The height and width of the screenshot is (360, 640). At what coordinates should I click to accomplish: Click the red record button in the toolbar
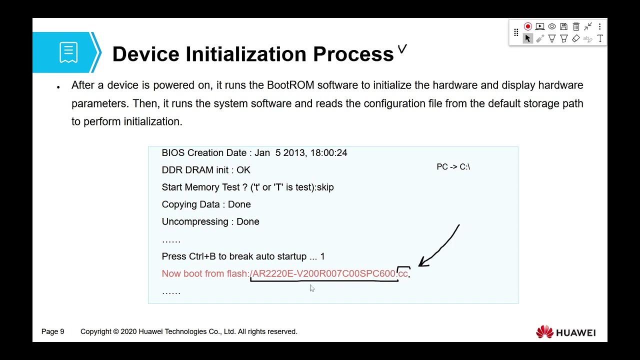pyautogui.click(x=528, y=26)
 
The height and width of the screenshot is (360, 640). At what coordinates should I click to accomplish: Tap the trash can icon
pyautogui.click(x=576, y=26)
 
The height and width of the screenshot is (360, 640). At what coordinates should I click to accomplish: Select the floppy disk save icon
pyautogui.click(x=564, y=26)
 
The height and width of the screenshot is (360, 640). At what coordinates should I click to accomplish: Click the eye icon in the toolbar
pyautogui.click(x=552, y=26)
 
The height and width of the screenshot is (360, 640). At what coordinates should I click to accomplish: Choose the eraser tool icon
pyautogui.click(x=576, y=38)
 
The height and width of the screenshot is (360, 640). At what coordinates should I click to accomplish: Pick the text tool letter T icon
pyautogui.click(x=600, y=38)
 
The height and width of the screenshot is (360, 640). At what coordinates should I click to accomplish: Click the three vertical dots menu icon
pyautogui.click(x=599, y=26)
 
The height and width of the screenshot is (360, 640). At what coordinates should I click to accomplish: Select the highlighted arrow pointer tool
pyautogui.click(x=527, y=38)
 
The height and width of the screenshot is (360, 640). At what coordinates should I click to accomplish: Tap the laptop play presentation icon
pyautogui.click(x=540, y=26)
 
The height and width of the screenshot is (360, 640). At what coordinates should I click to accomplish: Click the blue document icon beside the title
pyautogui.click(x=68, y=52)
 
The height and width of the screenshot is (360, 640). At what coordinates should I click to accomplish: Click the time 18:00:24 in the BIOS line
pyautogui.click(x=328, y=152)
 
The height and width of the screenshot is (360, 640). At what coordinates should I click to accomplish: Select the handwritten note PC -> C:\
pyautogui.click(x=453, y=166)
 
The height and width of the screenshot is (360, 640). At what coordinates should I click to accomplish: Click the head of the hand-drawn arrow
pyautogui.click(x=421, y=264)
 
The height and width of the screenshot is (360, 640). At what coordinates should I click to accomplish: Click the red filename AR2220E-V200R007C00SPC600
pyautogui.click(x=324, y=273)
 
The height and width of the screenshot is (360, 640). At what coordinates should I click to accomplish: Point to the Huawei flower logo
pyautogui.click(x=544, y=332)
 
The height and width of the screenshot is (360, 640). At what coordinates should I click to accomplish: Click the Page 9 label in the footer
pyautogui.click(x=53, y=331)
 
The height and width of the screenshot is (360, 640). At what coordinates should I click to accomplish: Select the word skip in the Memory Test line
pyautogui.click(x=325, y=187)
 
